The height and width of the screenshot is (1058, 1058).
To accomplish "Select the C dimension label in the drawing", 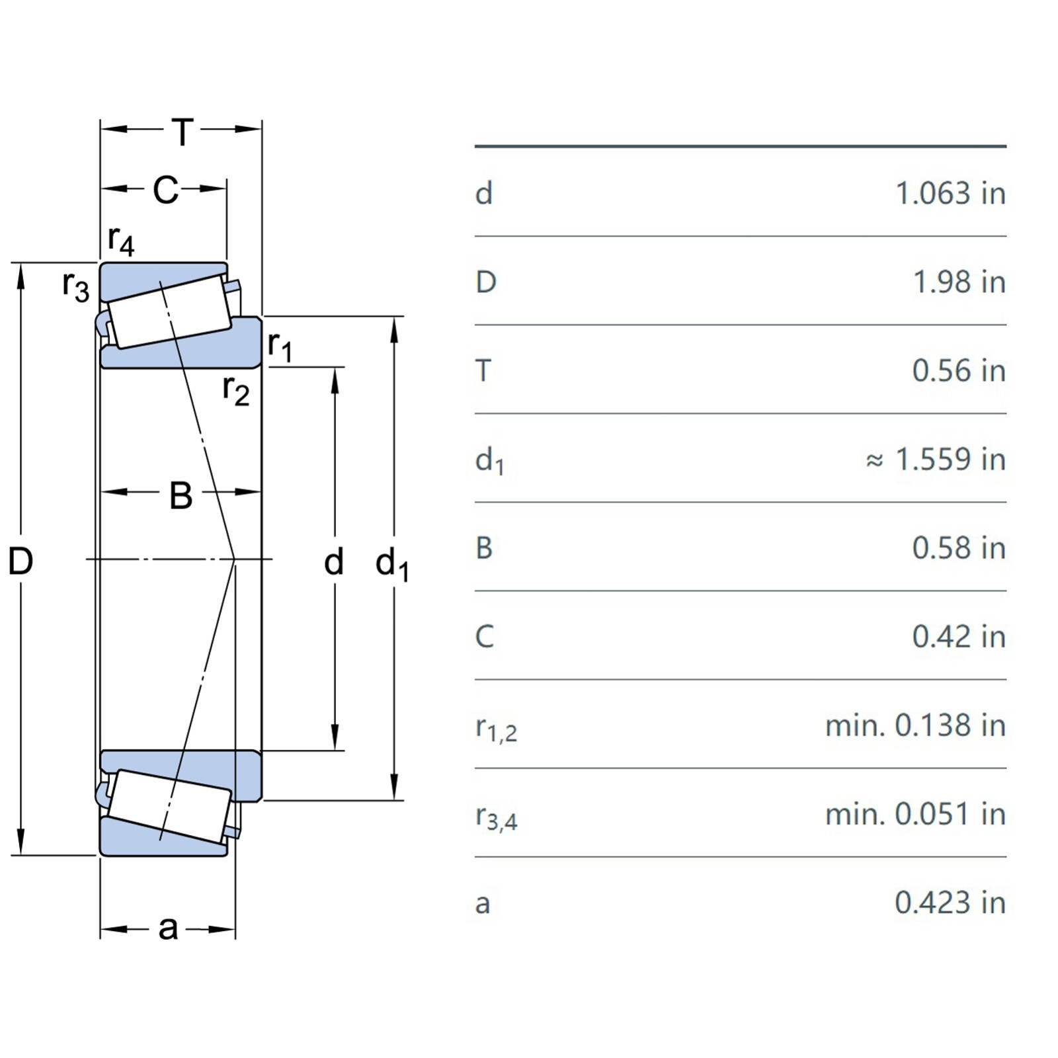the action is [165, 190].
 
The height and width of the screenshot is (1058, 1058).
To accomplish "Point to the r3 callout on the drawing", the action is [75, 286].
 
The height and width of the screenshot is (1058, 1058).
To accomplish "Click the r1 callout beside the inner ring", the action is [280, 346].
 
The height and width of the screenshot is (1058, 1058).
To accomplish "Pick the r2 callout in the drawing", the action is [235, 389].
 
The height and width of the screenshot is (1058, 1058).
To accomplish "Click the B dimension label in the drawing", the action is [181, 495].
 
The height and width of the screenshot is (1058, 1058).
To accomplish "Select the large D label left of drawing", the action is [20, 561].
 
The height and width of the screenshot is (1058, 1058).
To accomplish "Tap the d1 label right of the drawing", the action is [392, 565].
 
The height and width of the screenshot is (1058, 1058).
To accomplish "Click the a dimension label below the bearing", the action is [168, 928].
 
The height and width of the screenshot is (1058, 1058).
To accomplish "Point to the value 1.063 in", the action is [950, 193].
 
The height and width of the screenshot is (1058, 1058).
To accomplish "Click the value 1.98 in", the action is [959, 282].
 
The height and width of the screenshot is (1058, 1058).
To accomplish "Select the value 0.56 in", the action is [959, 370].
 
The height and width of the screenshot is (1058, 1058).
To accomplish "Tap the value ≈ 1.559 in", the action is [936, 459].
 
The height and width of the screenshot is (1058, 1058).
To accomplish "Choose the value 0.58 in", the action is [959, 548].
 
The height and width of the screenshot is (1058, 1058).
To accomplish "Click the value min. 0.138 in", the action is [915, 725].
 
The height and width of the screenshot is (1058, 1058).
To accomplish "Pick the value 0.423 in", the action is [950, 902].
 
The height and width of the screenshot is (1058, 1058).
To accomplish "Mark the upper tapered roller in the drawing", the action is [170, 311].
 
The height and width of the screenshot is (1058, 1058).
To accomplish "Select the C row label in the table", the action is [485, 636].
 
